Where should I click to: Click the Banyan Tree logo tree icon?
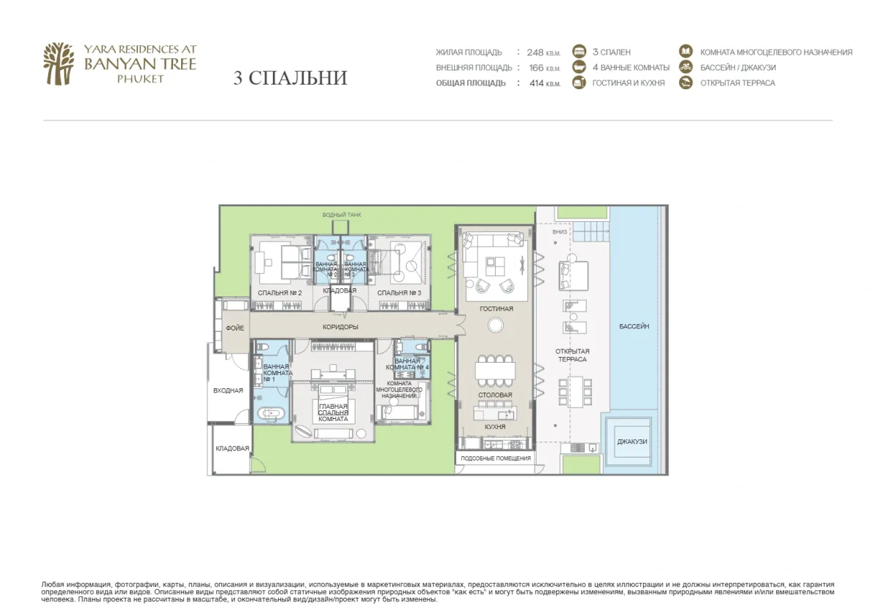click(58, 63)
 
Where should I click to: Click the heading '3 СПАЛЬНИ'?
click(290, 78)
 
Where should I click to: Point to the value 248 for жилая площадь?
click(535, 53)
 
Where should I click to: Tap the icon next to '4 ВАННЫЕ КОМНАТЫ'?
click(580, 67)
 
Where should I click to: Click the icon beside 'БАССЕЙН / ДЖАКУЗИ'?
click(685, 67)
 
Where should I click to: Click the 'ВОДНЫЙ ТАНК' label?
click(342, 215)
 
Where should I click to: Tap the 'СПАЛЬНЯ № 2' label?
click(280, 293)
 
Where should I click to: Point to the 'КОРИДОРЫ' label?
click(341, 327)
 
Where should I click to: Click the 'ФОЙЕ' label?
click(234, 328)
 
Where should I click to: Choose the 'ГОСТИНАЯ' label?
click(496, 309)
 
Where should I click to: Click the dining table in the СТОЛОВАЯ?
click(495, 371)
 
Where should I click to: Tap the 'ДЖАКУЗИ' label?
click(631, 442)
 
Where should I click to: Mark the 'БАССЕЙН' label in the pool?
click(633, 326)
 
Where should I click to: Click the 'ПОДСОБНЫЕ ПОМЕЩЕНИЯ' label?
click(496, 458)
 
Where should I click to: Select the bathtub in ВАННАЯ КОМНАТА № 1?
click(269, 415)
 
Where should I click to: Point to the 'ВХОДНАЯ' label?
click(228, 390)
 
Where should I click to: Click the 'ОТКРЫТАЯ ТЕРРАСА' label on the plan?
click(572, 355)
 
